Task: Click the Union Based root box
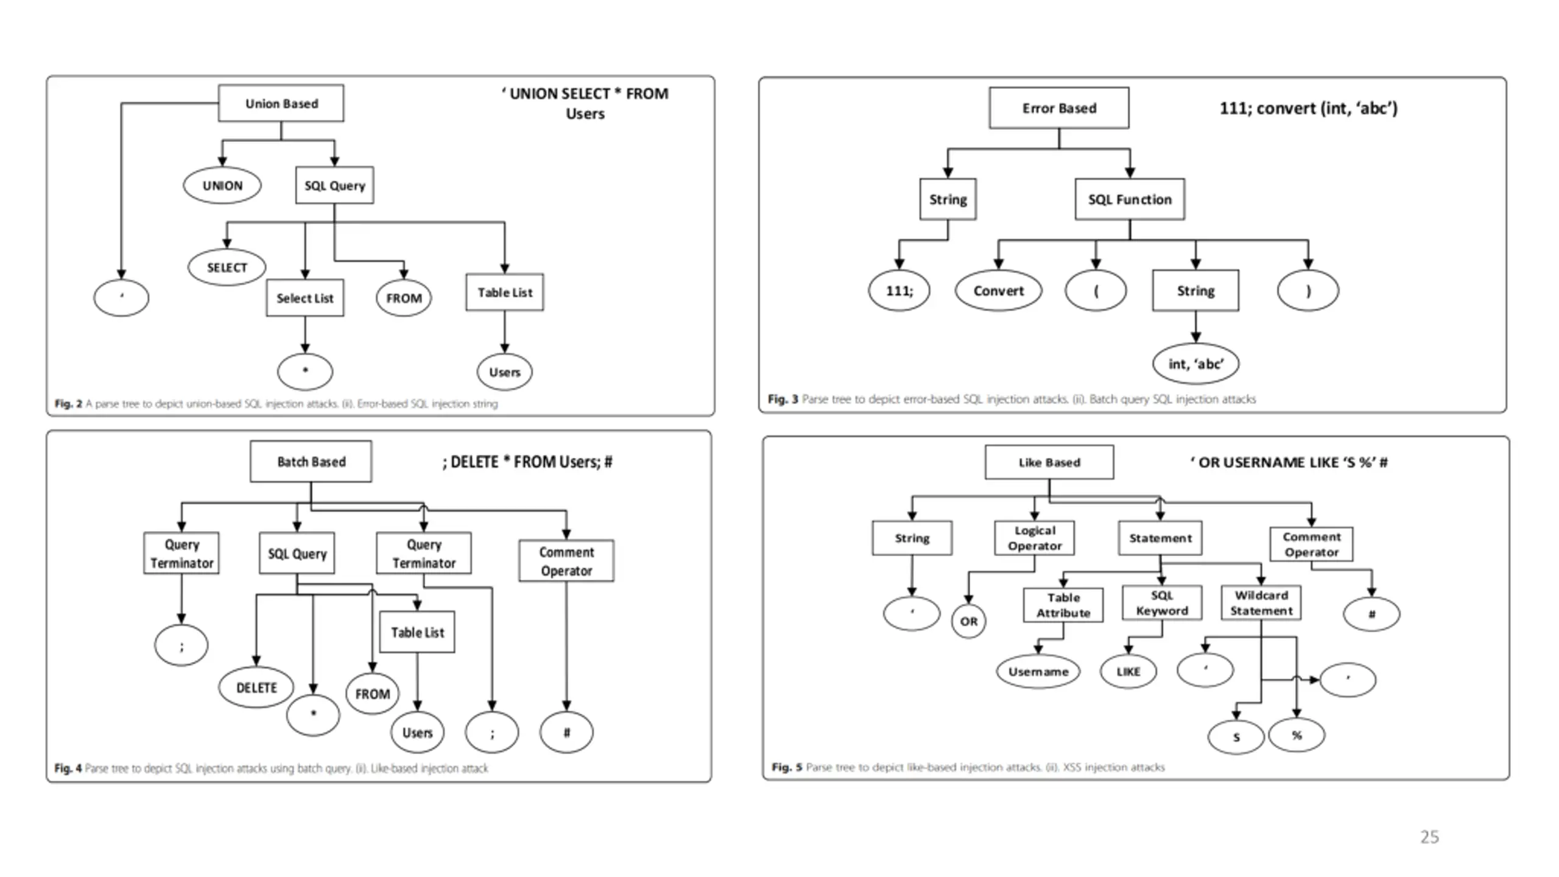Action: (281, 103)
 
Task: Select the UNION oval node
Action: (222, 185)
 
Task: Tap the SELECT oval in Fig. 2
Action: (227, 267)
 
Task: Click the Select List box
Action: (305, 298)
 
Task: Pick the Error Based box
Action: (1059, 108)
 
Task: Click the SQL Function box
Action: (1130, 199)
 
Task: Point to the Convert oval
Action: (999, 291)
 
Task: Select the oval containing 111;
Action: (899, 291)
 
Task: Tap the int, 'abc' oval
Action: (1196, 364)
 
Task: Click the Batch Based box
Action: (311, 462)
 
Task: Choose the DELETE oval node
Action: (256, 688)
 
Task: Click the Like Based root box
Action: (1049, 462)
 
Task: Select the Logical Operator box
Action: (1035, 538)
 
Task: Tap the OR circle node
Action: (969, 621)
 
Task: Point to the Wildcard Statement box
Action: (1261, 603)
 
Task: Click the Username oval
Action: (1038, 671)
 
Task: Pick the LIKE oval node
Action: (1128, 671)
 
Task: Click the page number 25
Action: (1430, 837)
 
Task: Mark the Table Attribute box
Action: (1063, 605)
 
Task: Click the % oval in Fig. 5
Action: (1297, 735)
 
